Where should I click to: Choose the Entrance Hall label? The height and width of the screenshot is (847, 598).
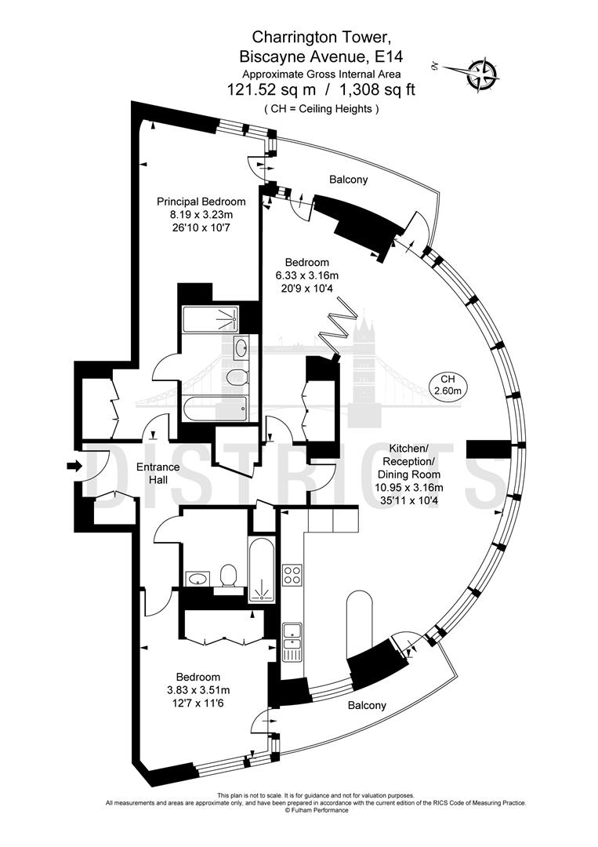158,473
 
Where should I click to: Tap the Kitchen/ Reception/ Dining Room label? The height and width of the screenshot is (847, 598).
409,462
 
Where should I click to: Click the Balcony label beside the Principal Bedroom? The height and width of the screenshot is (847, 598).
348,180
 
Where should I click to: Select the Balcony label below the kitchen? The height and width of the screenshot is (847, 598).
367,705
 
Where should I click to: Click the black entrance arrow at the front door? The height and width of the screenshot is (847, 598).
74,467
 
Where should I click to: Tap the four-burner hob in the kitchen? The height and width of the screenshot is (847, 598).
292,574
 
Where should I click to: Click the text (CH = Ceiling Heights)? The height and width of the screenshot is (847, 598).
321,109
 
